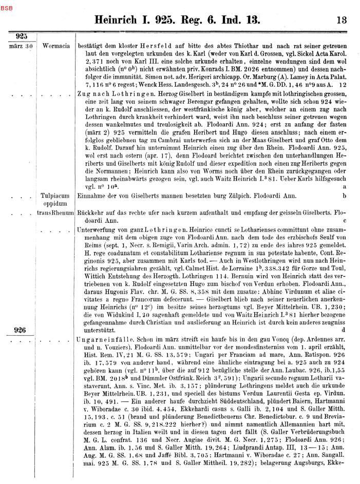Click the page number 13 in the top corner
(342, 21)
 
